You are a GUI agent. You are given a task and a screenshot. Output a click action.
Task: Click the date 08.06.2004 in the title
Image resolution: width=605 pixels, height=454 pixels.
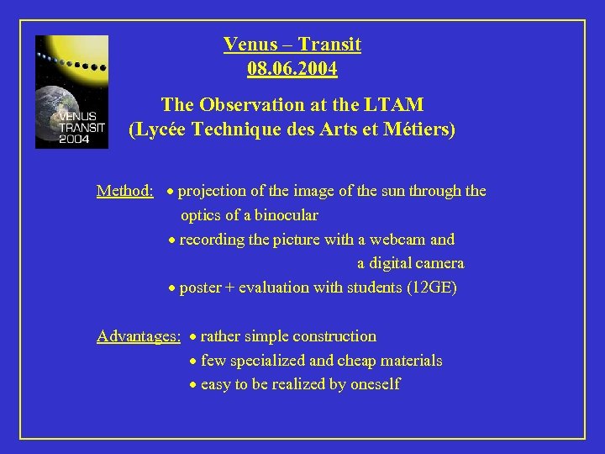tap(292, 68)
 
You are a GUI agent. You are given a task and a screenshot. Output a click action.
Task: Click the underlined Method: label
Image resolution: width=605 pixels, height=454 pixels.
tap(124, 191)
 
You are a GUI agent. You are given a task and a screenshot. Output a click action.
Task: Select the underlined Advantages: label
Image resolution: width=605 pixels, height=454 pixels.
tap(139, 336)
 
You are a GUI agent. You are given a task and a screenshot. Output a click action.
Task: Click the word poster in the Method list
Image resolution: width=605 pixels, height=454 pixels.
tap(200, 288)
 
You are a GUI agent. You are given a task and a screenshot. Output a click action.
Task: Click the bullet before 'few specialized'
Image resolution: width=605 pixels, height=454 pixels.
tap(193, 362)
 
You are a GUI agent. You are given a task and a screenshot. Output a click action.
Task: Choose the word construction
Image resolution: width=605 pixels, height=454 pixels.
tap(334, 336)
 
